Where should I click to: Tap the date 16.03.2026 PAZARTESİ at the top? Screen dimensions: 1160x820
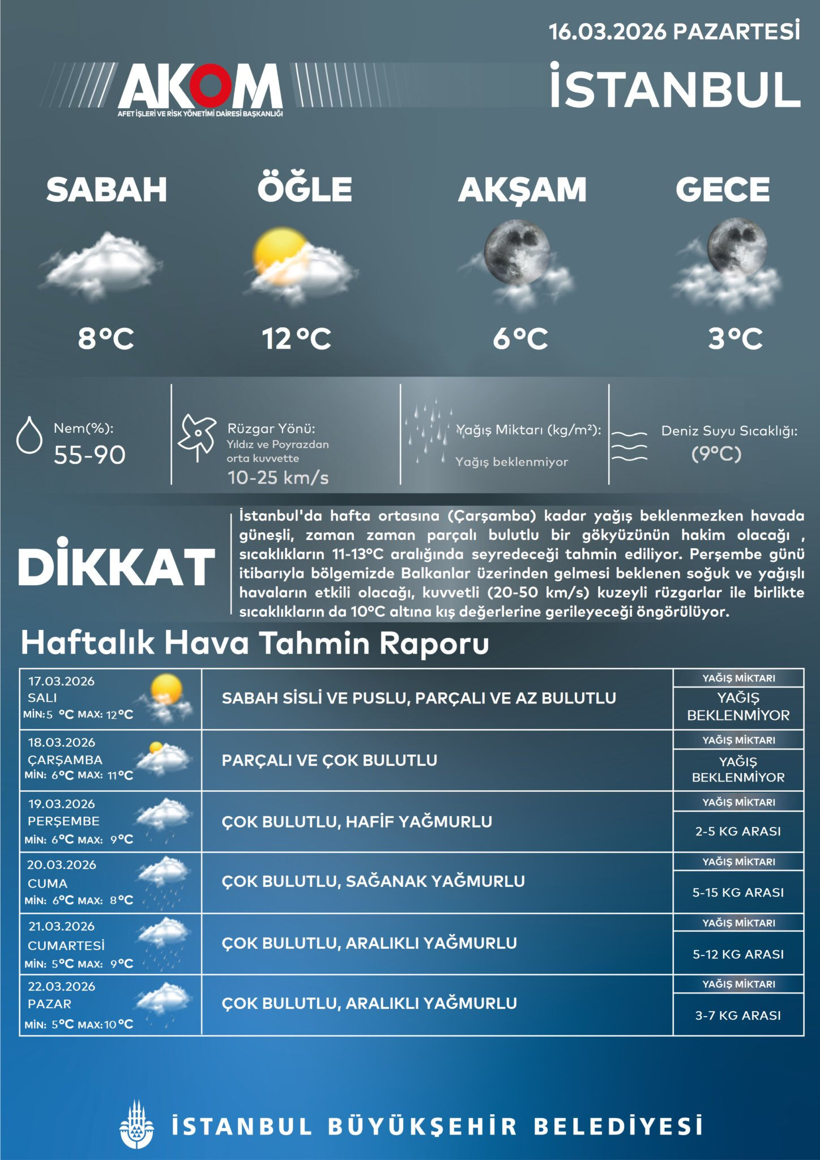(674, 32)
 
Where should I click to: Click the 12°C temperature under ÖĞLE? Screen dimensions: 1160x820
(296, 339)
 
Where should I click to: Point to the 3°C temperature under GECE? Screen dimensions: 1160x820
(735, 339)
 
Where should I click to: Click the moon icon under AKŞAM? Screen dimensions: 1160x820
(516, 252)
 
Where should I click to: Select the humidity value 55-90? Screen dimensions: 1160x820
(89, 455)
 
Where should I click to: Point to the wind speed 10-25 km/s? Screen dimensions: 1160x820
(277, 477)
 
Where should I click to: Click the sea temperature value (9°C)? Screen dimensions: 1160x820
(716, 454)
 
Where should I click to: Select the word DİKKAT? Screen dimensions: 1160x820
(117, 566)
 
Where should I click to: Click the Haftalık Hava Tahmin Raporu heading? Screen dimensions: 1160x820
(255, 643)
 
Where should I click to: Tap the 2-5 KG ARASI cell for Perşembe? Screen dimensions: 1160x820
(738, 831)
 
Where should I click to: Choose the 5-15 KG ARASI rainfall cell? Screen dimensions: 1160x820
(738, 892)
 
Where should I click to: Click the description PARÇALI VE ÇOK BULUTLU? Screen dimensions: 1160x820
(329, 760)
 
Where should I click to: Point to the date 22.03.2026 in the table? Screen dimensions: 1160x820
(62, 986)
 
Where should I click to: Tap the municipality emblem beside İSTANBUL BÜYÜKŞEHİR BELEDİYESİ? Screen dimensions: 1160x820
(137, 1124)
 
